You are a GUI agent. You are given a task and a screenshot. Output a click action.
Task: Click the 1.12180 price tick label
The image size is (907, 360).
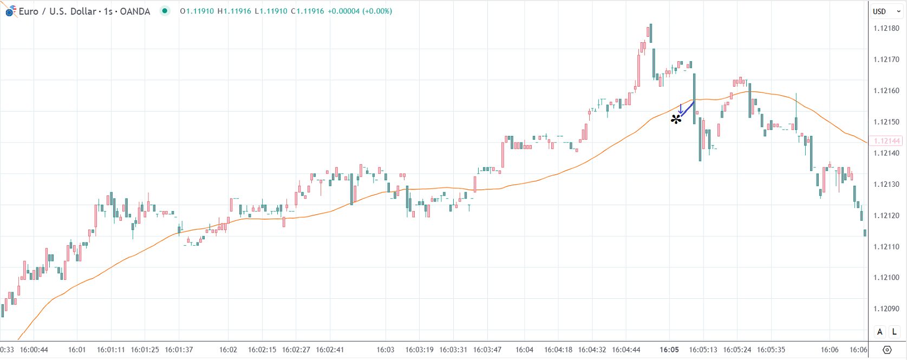point(886,29)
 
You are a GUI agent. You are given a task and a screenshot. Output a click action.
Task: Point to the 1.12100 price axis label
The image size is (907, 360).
point(886,278)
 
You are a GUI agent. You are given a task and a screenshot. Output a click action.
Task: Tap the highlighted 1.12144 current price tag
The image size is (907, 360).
point(886,141)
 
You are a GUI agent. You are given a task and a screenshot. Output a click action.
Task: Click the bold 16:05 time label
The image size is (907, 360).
point(669,350)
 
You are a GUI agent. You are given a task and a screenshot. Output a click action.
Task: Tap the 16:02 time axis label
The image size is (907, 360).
point(228,350)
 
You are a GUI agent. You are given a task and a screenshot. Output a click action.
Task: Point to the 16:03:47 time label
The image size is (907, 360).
point(487,350)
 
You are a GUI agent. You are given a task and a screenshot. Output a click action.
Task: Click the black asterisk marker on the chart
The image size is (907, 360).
point(676,119)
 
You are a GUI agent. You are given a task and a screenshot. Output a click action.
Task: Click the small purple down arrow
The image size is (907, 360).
point(681,109)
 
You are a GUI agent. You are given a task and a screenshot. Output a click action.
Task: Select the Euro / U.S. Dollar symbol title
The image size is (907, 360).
point(84,11)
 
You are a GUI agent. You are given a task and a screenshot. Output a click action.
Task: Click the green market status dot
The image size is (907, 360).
point(165,11)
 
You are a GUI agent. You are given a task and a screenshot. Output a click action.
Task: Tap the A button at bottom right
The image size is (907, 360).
point(880,332)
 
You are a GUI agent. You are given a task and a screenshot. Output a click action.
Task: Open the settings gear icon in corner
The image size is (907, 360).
point(887,350)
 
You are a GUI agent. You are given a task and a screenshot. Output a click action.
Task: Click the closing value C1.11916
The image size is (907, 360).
point(308,11)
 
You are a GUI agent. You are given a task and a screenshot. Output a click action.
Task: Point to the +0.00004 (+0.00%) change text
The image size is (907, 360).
point(360,11)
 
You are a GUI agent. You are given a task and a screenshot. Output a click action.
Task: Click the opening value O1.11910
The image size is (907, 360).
point(197,11)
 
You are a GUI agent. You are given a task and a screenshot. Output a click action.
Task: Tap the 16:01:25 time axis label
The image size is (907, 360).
point(145,350)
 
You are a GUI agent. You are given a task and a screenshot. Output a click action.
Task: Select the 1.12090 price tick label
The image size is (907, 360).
point(886,309)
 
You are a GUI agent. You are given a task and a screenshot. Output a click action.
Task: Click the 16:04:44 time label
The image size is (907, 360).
point(626,350)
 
